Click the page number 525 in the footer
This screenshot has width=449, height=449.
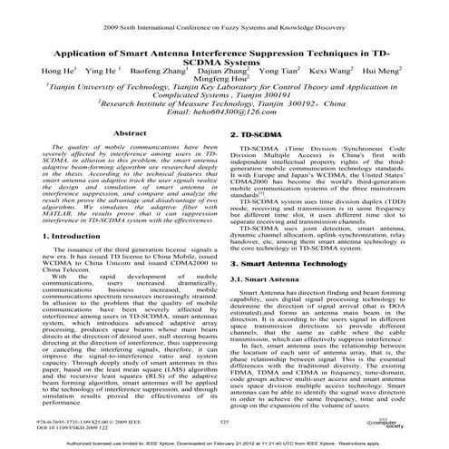pyautogui.click(x=225, y=421)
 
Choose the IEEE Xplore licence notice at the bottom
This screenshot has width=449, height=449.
pyautogui.click(x=224, y=442)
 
